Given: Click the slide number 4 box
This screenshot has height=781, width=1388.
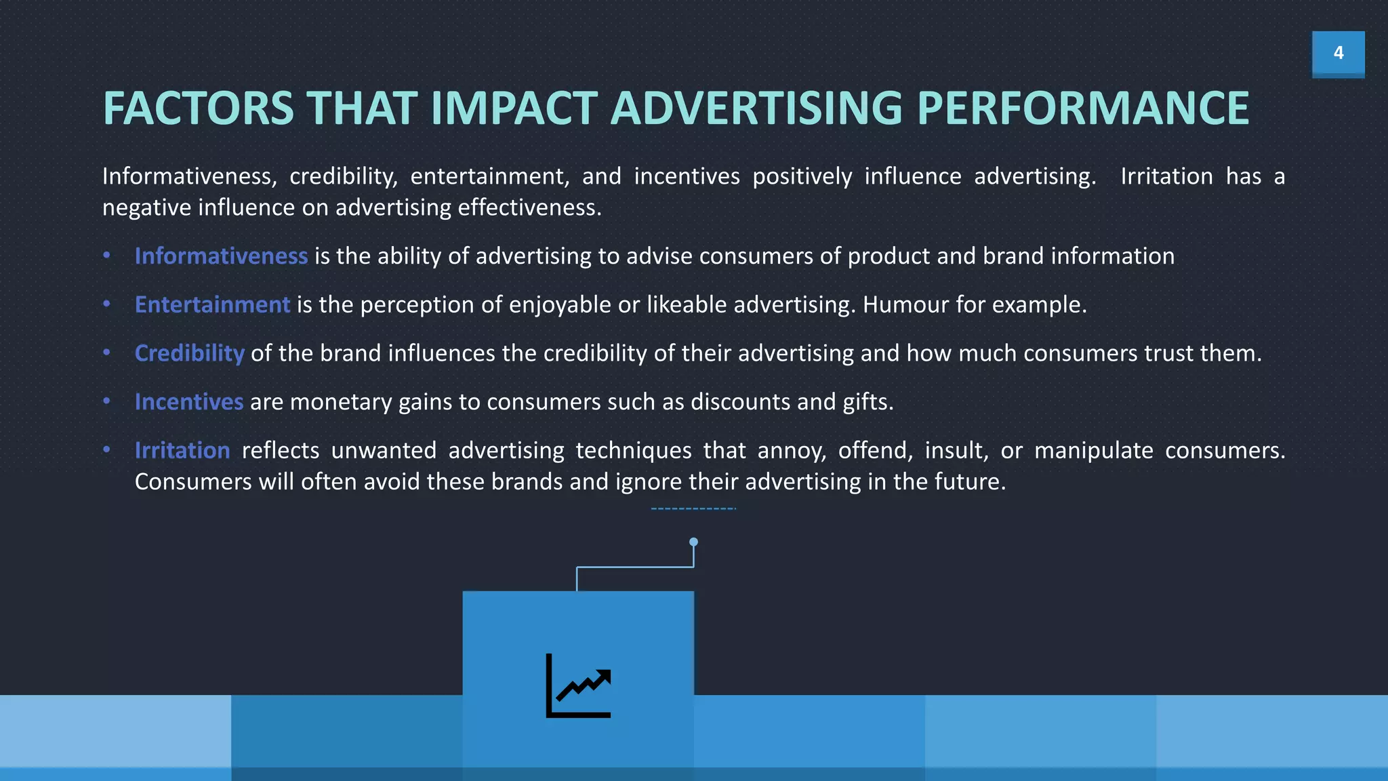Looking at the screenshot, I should click(x=1338, y=54).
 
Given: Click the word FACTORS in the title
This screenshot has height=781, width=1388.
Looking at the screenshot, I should click(x=198, y=108).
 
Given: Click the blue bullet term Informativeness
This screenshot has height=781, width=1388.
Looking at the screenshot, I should click(x=221, y=256).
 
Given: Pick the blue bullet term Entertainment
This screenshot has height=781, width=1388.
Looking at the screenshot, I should click(x=212, y=305).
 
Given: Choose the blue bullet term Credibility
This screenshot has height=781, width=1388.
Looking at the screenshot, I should click(x=189, y=353).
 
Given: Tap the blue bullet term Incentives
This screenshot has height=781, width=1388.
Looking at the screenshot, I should click(x=188, y=402).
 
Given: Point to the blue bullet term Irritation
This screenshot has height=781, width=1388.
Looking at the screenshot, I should click(x=182, y=451).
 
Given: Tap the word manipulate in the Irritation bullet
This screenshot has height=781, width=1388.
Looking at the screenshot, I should click(x=1093, y=451).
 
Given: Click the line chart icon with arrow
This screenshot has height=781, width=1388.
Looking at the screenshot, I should click(x=578, y=685).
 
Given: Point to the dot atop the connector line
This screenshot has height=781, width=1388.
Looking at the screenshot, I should click(x=693, y=542).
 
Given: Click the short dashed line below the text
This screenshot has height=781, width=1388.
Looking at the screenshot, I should click(x=693, y=508).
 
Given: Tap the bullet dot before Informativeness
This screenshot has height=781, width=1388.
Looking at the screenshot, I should click(x=106, y=256).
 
